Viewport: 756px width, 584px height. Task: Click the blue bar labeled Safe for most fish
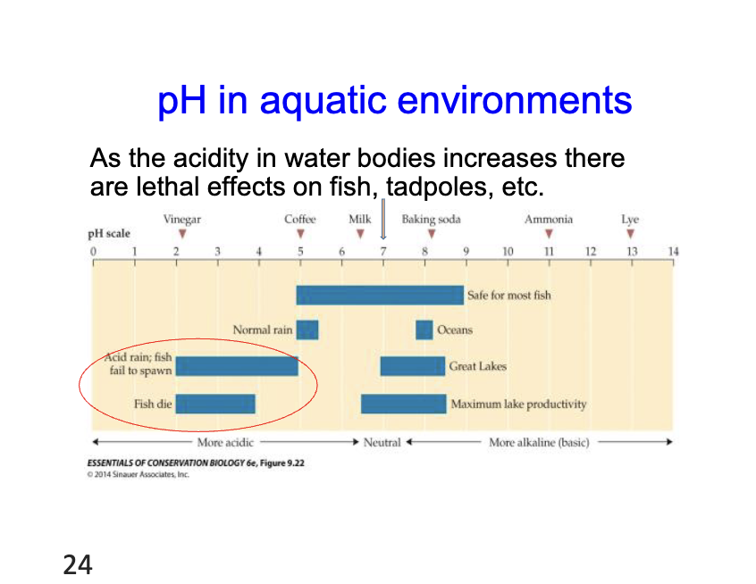(x=380, y=295)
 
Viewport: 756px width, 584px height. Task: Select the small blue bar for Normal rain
(x=307, y=330)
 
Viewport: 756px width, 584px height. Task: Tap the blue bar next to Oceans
(x=424, y=330)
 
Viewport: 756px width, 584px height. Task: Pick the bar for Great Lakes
(x=412, y=366)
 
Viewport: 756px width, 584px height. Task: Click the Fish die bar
(x=215, y=404)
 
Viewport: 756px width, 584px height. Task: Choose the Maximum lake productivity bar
(x=403, y=404)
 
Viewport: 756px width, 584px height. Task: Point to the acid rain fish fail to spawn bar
(x=237, y=366)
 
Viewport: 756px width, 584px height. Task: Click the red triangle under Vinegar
(x=182, y=234)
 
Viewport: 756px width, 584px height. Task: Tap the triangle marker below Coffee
(x=300, y=234)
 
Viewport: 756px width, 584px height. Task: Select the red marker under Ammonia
(x=549, y=234)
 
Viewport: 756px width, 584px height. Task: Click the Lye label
(x=630, y=220)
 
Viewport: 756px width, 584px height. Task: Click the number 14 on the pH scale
(x=673, y=252)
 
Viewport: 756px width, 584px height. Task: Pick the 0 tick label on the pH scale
(x=93, y=252)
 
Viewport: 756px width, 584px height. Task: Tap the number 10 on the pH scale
(x=508, y=252)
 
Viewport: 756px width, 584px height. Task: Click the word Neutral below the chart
(x=382, y=442)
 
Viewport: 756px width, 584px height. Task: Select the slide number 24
(x=78, y=564)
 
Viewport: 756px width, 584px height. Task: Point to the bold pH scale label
(x=108, y=234)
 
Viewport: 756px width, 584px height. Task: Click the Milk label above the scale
(x=359, y=220)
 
